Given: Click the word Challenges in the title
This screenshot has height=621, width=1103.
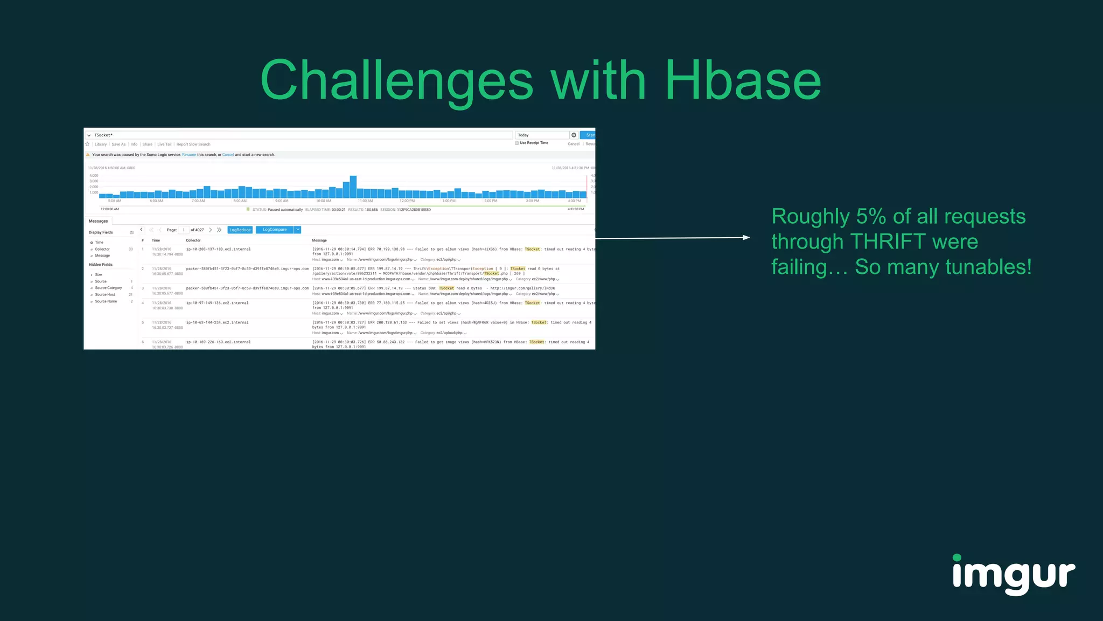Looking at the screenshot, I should click(x=396, y=81).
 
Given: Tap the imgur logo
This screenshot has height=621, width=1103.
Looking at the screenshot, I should click(x=1014, y=575).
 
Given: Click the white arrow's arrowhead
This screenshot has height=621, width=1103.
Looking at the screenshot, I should click(x=746, y=237).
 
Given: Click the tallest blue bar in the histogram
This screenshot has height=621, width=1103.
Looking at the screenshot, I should click(x=353, y=187).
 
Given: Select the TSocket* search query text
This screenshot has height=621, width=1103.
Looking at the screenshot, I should click(x=103, y=135).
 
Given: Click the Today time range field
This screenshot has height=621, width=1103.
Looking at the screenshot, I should click(x=541, y=135).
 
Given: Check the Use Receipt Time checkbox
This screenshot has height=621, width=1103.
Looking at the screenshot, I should click(x=517, y=143).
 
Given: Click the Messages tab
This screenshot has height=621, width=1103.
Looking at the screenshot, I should click(x=98, y=221).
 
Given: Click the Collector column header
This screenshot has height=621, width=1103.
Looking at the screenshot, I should click(x=193, y=240).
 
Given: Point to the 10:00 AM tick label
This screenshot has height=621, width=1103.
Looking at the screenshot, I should click(x=323, y=201).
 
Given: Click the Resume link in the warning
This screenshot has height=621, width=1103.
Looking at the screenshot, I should click(x=189, y=155).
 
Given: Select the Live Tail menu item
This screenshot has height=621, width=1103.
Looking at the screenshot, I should click(x=164, y=144).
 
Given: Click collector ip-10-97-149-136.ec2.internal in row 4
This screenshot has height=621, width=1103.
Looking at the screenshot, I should click(x=217, y=303).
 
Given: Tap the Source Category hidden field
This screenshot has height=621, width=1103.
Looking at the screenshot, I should click(x=108, y=288).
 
